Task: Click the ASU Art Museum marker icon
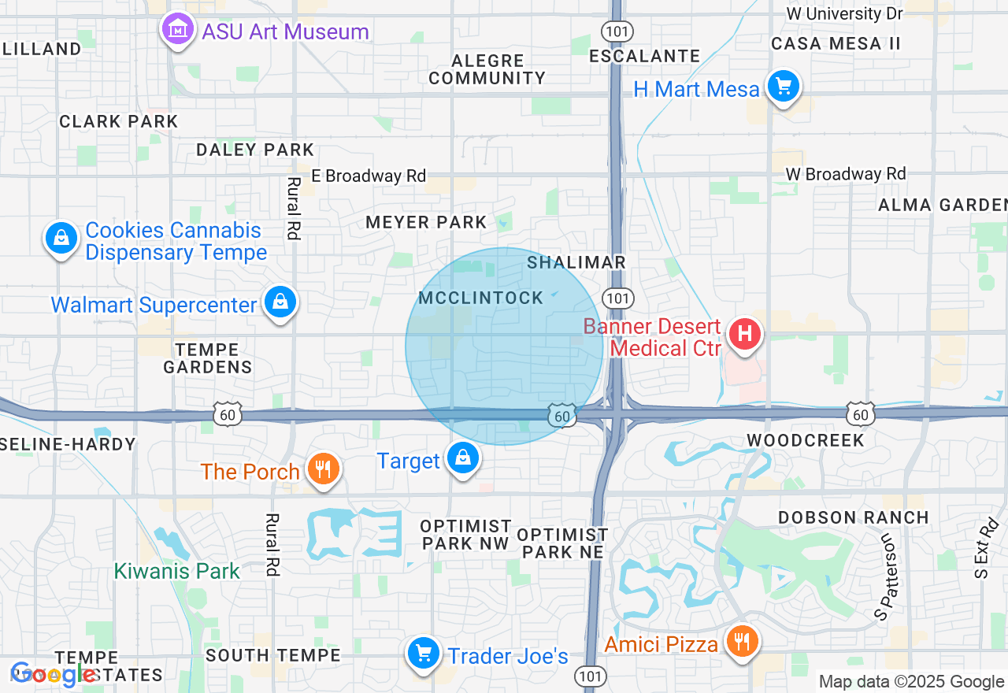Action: [x=178, y=30]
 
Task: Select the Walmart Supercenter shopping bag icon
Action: [x=280, y=302]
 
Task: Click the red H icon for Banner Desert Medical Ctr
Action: [x=745, y=333]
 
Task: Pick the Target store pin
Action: [x=462, y=458]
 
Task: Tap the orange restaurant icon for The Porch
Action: [x=322, y=469]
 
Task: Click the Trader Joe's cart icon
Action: [x=424, y=653]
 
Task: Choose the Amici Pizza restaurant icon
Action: [x=740, y=640]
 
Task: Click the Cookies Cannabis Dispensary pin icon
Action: [x=61, y=238]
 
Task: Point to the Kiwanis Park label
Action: [x=176, y=571]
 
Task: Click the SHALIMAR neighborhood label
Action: [x=576, y=262]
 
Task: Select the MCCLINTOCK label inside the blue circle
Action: [x=481, y=298]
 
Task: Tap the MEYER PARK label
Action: [x=426, y=223]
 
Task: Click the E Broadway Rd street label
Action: [x=368, y=176]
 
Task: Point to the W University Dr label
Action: [x=844, y=14]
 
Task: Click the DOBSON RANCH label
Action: [x=854, y=517]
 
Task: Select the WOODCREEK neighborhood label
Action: [x=806, y=440]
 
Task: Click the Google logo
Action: [x=54, y=674]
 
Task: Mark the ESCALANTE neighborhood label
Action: [x=645, y=56]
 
